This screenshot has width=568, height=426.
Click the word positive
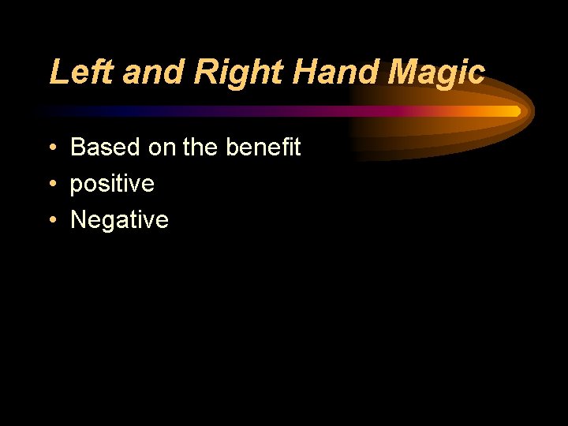coord(112,185)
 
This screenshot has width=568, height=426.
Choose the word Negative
coord(119,220)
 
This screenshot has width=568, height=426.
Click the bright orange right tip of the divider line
coord(515,111)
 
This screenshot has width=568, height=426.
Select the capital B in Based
coord(78,148)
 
